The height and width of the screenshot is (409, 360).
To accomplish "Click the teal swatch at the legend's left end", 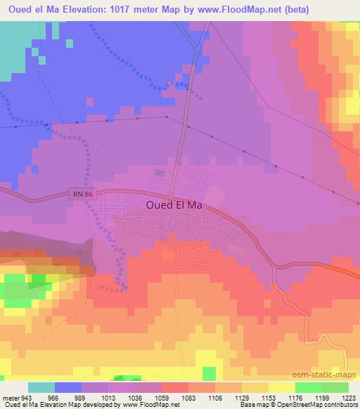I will pos(41,387).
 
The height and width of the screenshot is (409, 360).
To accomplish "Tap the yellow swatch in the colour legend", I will pos(282,387).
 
